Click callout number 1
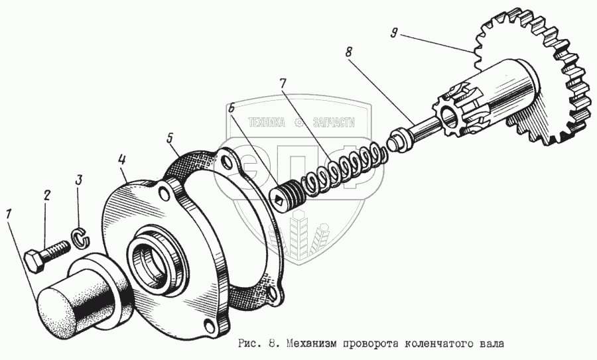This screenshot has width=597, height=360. [x=9, y=215]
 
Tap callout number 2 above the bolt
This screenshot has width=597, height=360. [x=47, y=196]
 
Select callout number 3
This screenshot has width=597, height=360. [x=78, y=180]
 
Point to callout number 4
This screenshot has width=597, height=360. [x=121, y=160]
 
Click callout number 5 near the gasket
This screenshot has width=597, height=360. [x=170, y=139]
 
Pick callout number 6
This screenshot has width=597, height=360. [x=231, y=108]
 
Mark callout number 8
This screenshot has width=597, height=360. [x=349, y=52]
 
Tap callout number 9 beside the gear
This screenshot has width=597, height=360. [x=394, y=33]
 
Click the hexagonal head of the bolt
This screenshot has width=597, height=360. [x=34, y=262]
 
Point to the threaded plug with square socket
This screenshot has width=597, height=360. [x=290, y=197]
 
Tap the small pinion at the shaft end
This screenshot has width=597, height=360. [x=453, y=114]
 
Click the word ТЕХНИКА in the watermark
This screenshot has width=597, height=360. [x=267, y=122]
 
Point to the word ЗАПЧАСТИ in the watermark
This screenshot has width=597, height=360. [x=334, y=122]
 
